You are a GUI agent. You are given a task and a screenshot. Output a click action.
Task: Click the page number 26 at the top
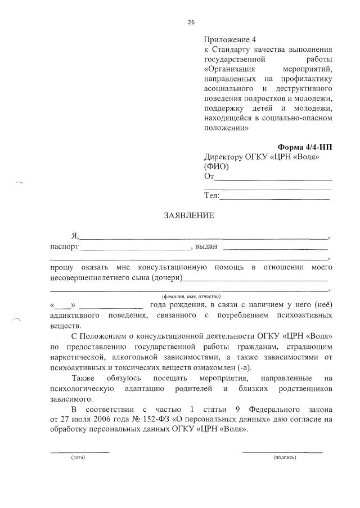[x=191, y=22]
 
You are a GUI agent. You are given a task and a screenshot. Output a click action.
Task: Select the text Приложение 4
[x=229, y=40]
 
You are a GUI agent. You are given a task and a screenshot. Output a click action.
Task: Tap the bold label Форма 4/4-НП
[x=305, y=147]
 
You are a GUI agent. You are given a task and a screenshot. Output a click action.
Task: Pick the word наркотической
[x=75, y=357]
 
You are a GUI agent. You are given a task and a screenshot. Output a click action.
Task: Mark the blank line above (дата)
[x=80, y=452]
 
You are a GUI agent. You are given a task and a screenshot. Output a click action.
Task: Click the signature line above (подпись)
[x=282, y=452]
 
